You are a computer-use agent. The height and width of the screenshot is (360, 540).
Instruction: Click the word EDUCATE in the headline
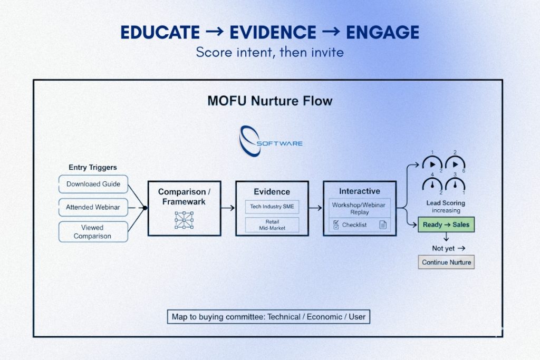coord(160,33)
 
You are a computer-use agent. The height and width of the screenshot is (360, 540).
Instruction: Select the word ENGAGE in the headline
coord(382,33)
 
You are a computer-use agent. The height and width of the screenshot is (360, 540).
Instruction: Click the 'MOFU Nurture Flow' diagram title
coord(270,101)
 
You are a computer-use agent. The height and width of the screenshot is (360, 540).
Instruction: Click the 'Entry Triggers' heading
coord(93,168)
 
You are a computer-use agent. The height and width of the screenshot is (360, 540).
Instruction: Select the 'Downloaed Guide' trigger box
coord(93,184)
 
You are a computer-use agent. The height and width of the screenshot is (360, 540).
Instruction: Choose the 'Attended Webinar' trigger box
coord(93,208)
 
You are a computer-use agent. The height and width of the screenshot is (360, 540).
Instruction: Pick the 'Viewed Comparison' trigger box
coord(93,232)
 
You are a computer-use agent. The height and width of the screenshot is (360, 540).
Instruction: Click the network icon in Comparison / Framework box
coord(184,220)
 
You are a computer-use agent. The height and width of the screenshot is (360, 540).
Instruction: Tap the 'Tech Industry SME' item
coord(272,207)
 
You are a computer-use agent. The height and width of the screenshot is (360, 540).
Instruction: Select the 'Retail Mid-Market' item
coord(272,225)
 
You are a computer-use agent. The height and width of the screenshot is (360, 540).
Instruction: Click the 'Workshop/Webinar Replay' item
coord(359,208)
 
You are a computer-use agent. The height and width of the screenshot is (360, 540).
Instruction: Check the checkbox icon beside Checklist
coord(336,225)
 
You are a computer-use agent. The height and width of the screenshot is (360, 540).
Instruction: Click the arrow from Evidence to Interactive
coord(315,208)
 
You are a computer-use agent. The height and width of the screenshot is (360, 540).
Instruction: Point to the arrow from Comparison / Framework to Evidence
coord(228,208)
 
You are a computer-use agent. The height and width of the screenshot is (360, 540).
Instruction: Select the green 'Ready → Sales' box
coord(446,225)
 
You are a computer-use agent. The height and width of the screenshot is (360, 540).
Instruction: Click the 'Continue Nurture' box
coord(446,262)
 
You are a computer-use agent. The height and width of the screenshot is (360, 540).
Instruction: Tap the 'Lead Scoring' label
coord(446,203)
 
